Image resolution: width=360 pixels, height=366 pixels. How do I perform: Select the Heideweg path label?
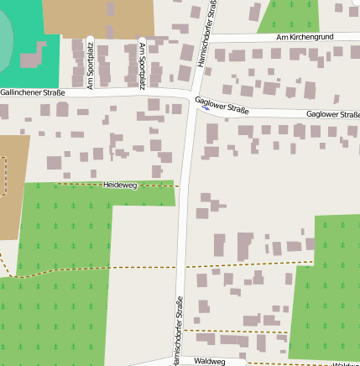[x=119, y=184]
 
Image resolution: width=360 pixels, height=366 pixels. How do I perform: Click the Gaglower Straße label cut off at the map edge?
[x=333, y=114]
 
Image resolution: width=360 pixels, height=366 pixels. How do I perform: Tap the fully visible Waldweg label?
[x=209, y=360]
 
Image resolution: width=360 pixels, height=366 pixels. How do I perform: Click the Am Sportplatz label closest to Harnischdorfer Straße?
[x=142, y=64]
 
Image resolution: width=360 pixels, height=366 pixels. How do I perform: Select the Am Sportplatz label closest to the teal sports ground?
[x=91, y=64]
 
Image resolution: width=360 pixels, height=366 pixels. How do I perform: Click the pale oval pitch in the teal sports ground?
[x=4, y=38]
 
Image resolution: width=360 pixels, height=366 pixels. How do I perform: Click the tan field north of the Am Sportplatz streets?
[x=99, y=18]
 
